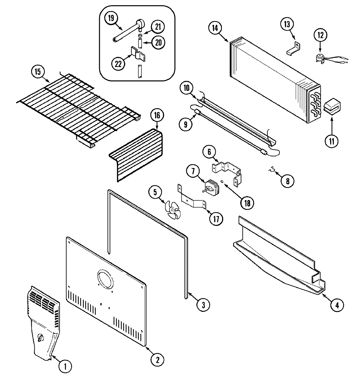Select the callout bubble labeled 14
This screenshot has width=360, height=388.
(215, 28)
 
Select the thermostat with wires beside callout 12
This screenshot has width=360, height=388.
(319, 58)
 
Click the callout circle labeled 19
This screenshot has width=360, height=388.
(111, 18)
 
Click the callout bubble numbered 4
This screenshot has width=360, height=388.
(337, 305)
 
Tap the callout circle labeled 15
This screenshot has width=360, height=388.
(38, 72)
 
